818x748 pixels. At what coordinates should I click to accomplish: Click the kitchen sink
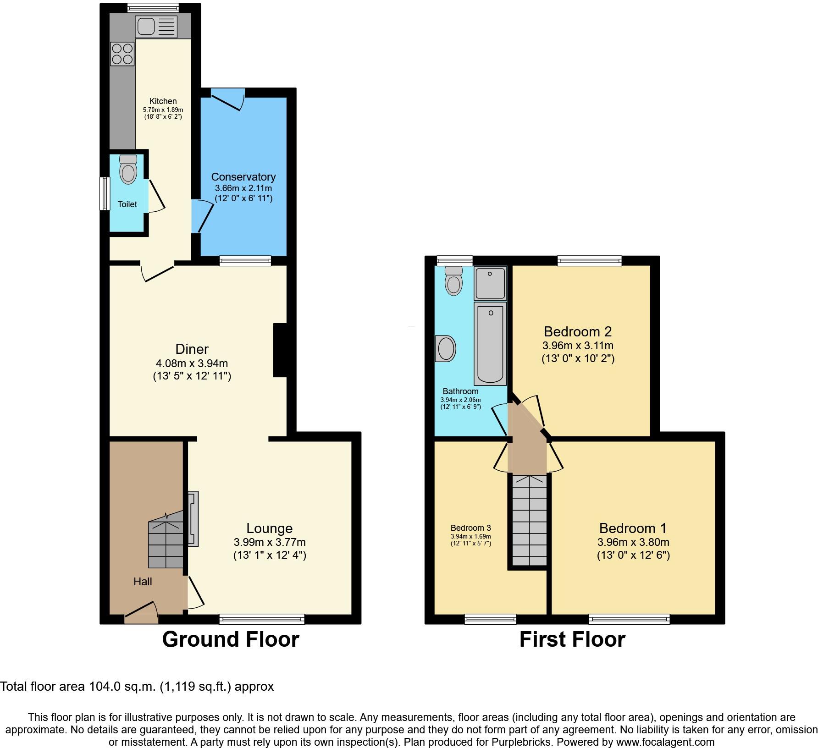tap(156, 27)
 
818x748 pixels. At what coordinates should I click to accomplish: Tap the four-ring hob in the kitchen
tap(122, 54)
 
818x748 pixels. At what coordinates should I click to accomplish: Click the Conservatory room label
tap(243, 177)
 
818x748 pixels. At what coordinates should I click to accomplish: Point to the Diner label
tap(192, 349)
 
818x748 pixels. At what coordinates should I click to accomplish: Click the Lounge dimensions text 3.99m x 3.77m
tap(269, 542)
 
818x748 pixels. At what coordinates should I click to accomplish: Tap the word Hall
tap(143, 582)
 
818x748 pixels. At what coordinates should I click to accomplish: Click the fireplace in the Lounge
tap(193, 519)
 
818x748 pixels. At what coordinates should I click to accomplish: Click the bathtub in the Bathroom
tap(490, 343)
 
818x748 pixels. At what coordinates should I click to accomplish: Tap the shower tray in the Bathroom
tap(490, 283)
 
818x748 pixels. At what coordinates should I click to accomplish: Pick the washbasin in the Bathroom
tap(445, 349)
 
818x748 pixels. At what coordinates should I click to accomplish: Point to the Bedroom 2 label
tap(577, 331)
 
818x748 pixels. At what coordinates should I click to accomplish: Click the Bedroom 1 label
tap(633, 528)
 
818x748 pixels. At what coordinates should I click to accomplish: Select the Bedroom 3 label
tap(470, 528)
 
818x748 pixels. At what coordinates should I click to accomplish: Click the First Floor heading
tap(572, 639)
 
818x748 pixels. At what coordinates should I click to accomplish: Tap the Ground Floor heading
tap(230, 639)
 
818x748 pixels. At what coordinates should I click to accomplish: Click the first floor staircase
tap(530, 520)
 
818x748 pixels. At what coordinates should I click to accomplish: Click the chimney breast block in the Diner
tap(280, 351)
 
